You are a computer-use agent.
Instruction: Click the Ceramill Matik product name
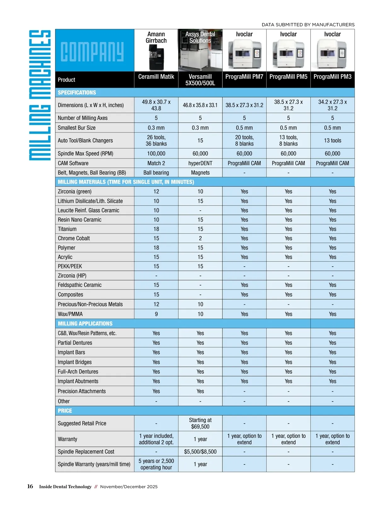[156, 77]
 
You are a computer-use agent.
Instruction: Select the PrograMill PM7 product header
[244, 77]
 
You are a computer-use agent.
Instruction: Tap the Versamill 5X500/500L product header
[200, 80]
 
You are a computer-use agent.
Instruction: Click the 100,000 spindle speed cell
[156, 153]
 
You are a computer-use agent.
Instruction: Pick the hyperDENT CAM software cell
[200, 163]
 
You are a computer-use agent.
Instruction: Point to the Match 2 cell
[156, 163]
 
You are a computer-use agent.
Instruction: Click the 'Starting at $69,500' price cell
[200, 423]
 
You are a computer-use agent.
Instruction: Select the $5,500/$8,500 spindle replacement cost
[200, 451]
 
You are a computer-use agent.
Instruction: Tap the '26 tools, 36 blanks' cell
[156, 141]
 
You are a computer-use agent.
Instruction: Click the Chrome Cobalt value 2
[200, 238]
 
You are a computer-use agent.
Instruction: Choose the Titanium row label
[67, 229]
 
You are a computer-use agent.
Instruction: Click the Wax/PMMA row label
[70, 314]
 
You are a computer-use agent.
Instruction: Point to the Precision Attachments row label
[82, 391]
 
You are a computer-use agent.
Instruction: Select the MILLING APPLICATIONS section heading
[85, 324]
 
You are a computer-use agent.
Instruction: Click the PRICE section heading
[65, 411]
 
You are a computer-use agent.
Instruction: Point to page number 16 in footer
[30, 486]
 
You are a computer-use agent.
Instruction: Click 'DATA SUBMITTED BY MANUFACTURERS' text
[308, 25]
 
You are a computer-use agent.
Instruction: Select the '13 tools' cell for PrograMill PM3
[332, 141]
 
